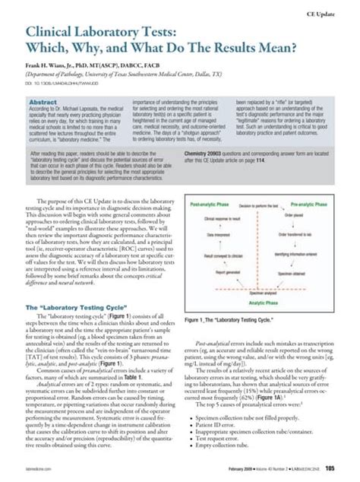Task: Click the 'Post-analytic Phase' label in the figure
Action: (210, 205)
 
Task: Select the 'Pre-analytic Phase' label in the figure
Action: (315, 205)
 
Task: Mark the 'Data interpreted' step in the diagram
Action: (225, 236)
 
